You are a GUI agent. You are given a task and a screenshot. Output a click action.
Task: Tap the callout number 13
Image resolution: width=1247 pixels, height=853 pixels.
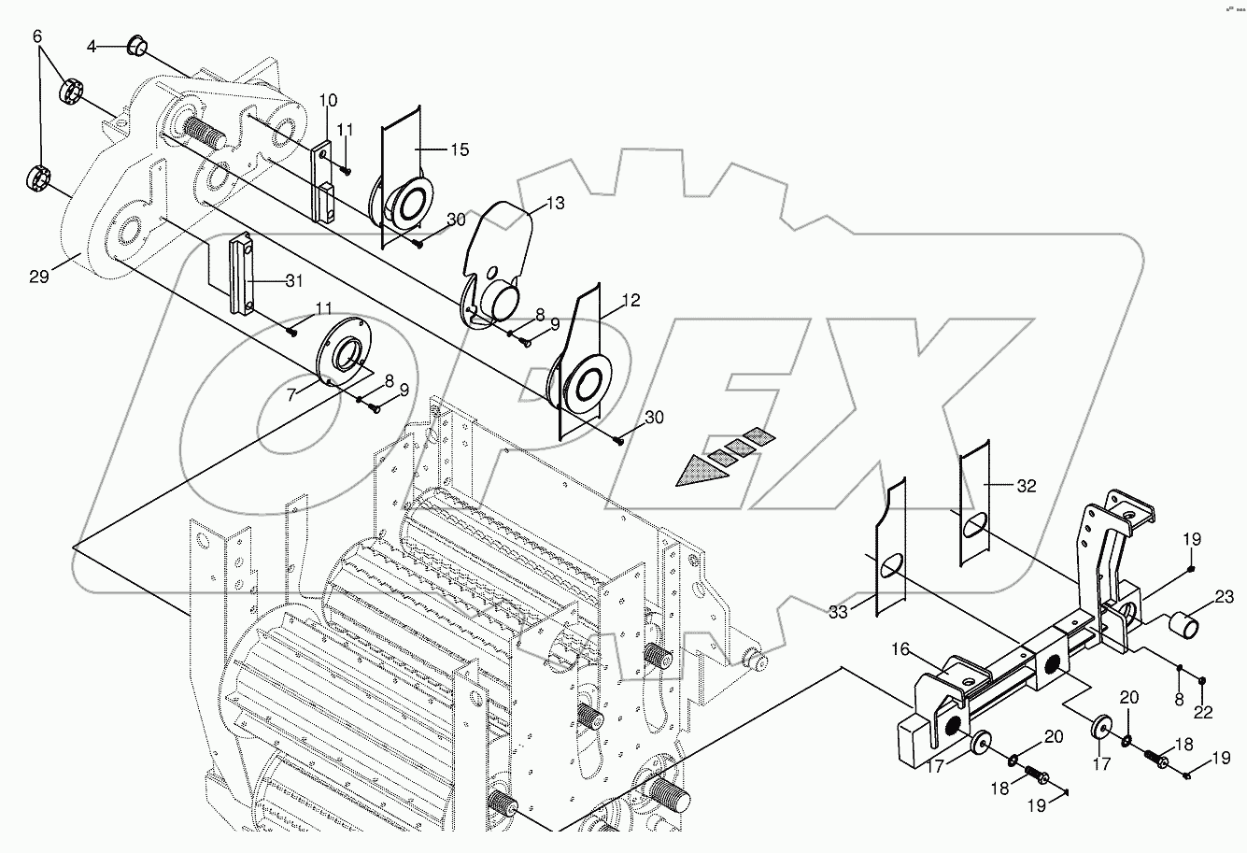[x=556, y=203]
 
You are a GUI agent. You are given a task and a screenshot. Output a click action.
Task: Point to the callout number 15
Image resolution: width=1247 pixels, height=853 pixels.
[x=460, y=149]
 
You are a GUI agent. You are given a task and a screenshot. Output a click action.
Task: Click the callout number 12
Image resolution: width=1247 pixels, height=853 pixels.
[x=631, y=301]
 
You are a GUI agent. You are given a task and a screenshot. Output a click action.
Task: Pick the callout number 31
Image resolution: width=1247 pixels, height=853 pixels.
[x=294, y=281]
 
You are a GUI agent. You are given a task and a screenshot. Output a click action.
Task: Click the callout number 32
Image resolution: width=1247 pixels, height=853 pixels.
[x=1027, y=486]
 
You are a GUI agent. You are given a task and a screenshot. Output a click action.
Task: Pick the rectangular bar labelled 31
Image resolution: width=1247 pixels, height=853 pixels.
[x=240, y=275]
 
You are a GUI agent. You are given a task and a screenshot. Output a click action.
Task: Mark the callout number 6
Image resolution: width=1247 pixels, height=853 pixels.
[x=37, y=36]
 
